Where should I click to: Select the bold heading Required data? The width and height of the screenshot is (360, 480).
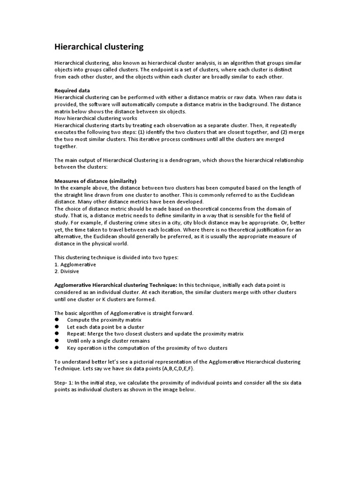[72, 90]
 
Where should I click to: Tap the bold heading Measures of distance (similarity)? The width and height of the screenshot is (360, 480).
[95, 181]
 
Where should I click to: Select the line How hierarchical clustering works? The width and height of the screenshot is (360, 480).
[96, 118]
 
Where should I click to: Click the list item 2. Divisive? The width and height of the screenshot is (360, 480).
[67, 271]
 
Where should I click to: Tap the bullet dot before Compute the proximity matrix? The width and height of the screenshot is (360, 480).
[57, 320]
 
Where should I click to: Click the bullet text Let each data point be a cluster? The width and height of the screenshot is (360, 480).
[105, 327]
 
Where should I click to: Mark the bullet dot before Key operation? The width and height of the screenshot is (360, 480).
[57, 348]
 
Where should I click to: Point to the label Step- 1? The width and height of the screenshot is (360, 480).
[65, 383]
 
